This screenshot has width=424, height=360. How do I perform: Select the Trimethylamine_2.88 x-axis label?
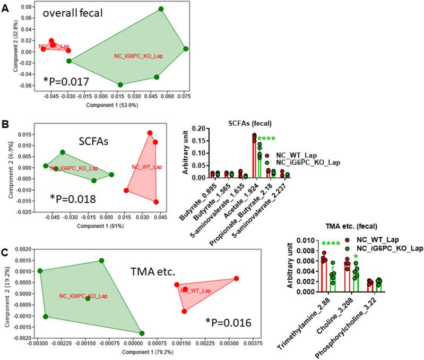(301, 317)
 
